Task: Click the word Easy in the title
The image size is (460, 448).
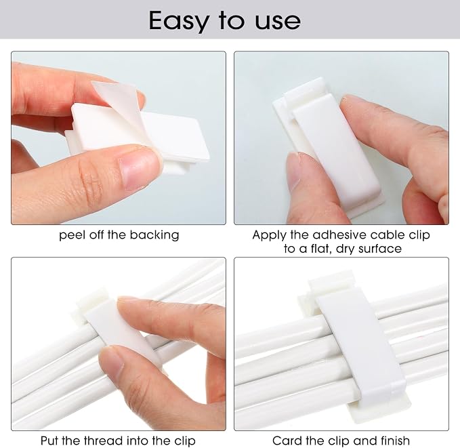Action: [x=179, y=21]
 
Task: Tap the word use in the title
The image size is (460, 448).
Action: [x=278, y=22]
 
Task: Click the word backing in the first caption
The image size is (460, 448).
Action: [x=154, y=235]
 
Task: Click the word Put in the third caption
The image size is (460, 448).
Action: [x=50, y=441]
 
